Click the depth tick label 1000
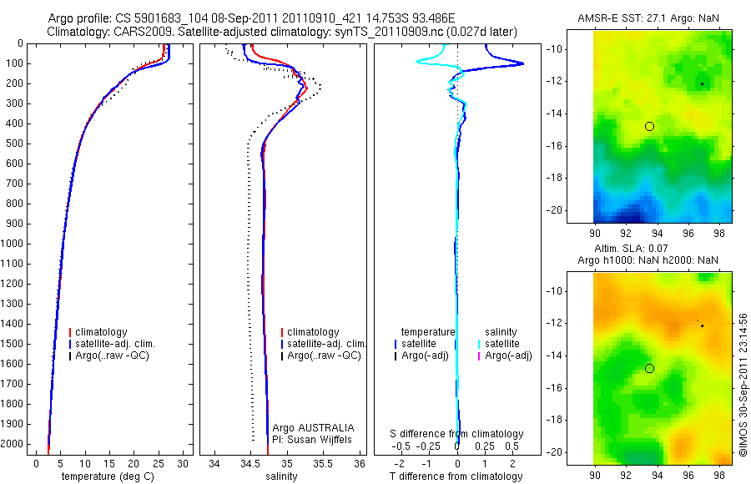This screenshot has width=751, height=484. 14,244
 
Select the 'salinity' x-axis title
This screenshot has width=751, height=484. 282,476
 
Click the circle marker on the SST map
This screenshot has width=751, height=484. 649,126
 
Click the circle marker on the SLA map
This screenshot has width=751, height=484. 649,368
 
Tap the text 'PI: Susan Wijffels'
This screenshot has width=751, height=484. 314,439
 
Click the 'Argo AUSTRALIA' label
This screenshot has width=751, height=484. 314,427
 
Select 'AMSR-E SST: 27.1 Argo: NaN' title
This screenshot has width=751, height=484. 649,18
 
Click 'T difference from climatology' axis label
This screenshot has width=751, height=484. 456,476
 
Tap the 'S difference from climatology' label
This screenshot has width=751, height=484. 457,434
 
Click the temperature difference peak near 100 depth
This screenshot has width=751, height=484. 522,63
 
